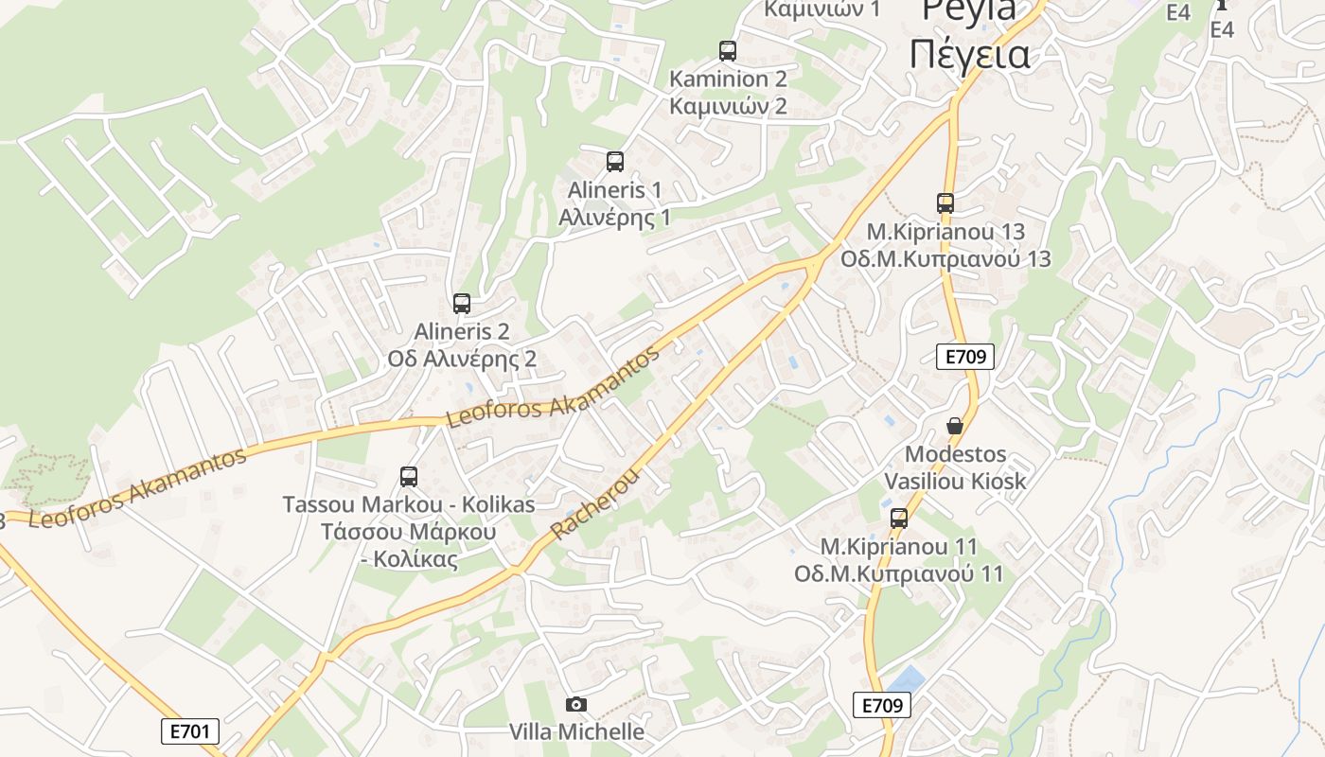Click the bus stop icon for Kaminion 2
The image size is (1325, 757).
point(727,51)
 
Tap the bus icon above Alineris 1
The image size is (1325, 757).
point(615,162)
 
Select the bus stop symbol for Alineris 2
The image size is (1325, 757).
point(462,304)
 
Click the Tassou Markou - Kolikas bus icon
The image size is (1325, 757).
point(409,477)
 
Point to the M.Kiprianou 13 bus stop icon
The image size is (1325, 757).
point(945,202)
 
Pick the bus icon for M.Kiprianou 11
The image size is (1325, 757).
point(899,518)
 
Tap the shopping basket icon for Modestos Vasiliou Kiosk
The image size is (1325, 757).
point(954,426)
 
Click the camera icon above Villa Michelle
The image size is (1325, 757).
point(575,704)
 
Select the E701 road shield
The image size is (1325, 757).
point(189,731)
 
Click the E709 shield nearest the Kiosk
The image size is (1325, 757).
point(965,357)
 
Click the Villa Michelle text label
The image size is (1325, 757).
point(576,731)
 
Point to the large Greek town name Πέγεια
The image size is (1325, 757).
point(969,54)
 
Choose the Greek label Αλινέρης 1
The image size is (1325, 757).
point(614,218)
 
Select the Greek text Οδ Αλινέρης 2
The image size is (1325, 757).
point(462,360)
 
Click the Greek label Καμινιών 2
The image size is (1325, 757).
point(728,105)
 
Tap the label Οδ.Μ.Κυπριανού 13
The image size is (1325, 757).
point(945,259)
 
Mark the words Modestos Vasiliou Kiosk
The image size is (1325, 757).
point(954,467)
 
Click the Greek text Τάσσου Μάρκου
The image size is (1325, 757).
point(409,532)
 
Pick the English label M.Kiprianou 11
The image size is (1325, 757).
point(899,547)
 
